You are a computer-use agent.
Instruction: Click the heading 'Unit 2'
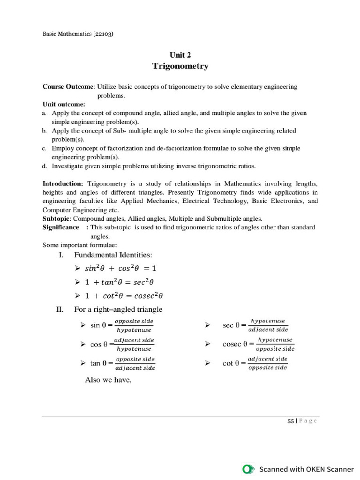[180, 55]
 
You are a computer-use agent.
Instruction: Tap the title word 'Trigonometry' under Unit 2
[180, 66]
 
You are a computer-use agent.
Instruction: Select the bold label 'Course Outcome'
[68, 87]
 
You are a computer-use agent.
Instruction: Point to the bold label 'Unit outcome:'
[64, 104]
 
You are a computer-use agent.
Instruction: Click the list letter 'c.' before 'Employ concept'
[44, 148]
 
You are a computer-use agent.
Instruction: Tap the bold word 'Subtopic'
[56, 218]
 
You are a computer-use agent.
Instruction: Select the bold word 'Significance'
[61, 227]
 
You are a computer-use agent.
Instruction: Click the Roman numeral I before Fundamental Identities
[60, 255]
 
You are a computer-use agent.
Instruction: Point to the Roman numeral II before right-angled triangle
[60, 309]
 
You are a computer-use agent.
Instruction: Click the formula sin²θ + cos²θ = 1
[120, 269]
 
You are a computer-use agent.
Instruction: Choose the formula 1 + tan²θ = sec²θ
[120, 282]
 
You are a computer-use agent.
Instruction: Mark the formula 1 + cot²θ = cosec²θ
[124, 296]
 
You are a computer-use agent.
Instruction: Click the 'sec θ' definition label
[231, 325]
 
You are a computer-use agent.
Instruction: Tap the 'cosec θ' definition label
[236, 344]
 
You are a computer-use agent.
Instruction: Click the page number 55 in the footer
[291, 421]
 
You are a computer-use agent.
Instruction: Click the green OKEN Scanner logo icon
[248, 469]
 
